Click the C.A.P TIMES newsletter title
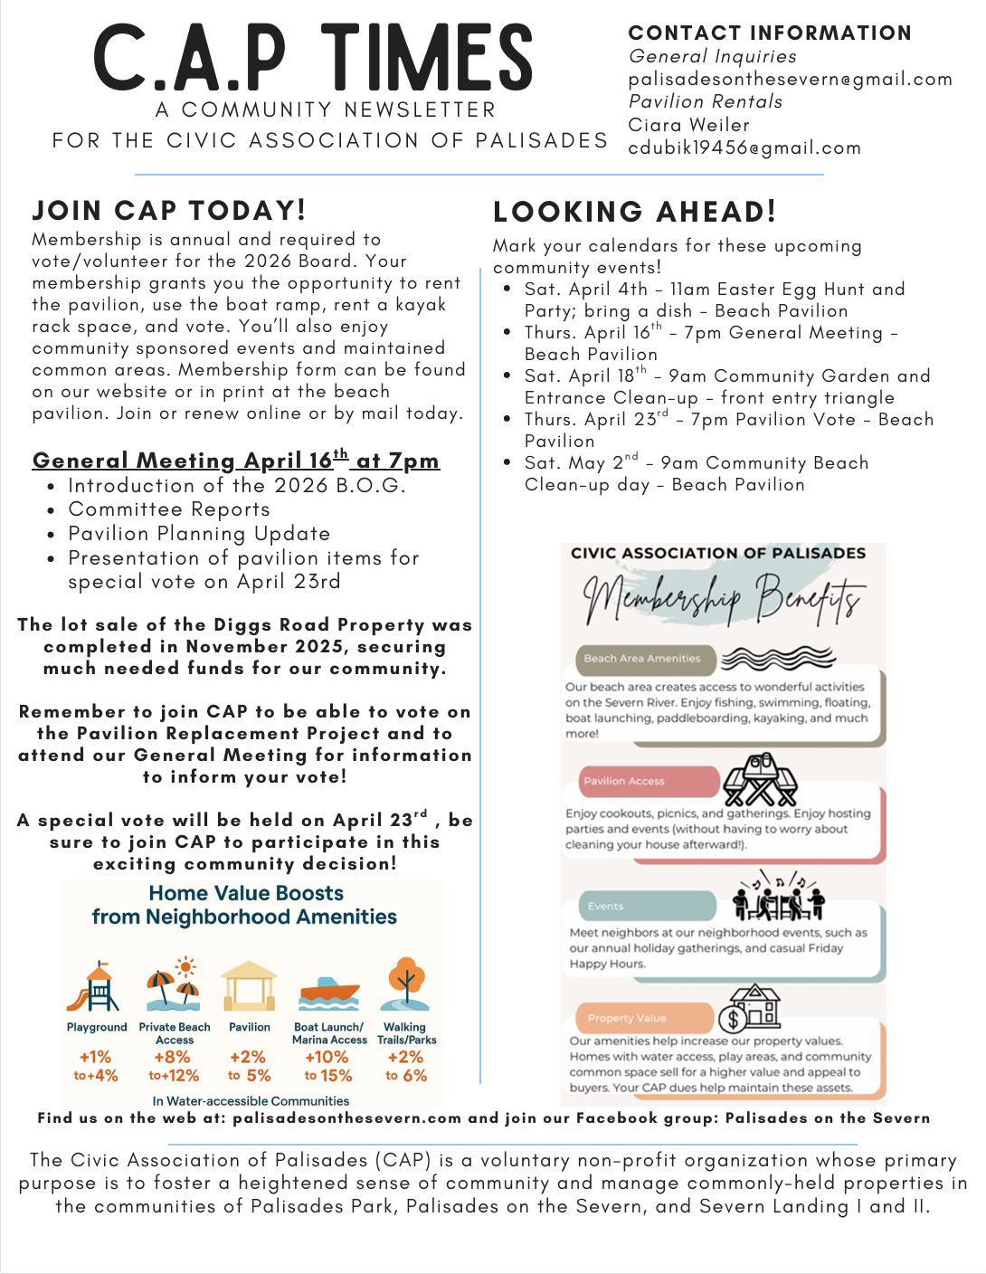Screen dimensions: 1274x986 coord(313,58)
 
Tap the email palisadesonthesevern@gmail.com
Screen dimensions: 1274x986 coord(790,80)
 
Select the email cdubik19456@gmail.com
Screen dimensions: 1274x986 coord(744,147)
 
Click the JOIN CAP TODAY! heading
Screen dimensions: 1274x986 coord(169,210)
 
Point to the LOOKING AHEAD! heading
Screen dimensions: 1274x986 coord(634,212)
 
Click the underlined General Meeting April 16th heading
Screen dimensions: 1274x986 coord(235,460)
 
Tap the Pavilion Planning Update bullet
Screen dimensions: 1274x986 coord(199,534)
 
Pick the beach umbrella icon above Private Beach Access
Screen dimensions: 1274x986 coord(173,985)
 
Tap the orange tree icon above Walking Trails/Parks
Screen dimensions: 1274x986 coord(405,984)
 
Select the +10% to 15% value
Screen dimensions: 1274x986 coord(327,1066)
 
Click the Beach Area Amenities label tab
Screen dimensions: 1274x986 coord(643,659)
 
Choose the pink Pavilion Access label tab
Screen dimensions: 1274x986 coord(648,781)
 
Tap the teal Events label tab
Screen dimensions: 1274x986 coord(646,906)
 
